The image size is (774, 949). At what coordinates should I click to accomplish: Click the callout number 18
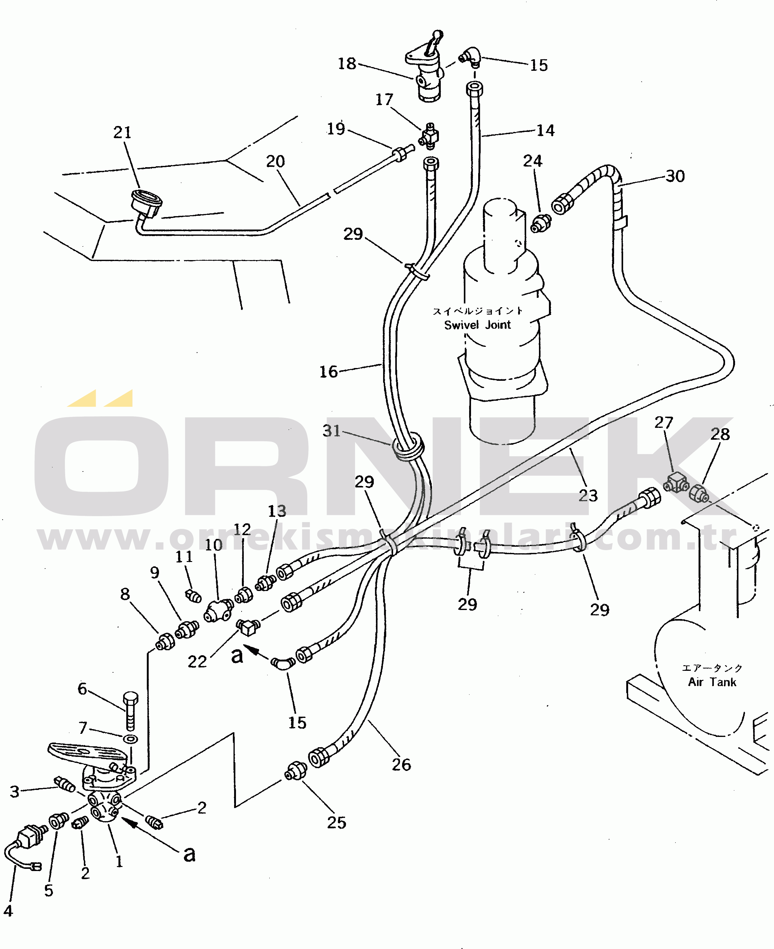click(347, 64)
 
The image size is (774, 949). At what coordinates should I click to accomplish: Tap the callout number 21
click(122, 133)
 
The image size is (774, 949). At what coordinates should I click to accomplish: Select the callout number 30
click(675, 176)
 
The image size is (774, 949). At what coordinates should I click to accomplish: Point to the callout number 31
click(332, 431)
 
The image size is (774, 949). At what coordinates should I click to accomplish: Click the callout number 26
click(401, 765)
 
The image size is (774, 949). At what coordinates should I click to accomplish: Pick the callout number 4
click(8, 911)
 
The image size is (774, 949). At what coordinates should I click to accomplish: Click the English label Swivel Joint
click(477, 325)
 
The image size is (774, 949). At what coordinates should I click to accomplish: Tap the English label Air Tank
click(712, 682)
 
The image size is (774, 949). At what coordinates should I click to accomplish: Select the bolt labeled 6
click(131, 712)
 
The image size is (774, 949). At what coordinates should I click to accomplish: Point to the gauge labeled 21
click(146, 203)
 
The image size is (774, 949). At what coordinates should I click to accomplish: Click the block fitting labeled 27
click(676, 482)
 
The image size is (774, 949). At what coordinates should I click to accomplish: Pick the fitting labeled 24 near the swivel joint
click(541, 223)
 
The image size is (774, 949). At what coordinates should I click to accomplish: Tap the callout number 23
click(588, 496)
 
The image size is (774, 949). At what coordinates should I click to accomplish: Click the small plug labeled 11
click(193, 596)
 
